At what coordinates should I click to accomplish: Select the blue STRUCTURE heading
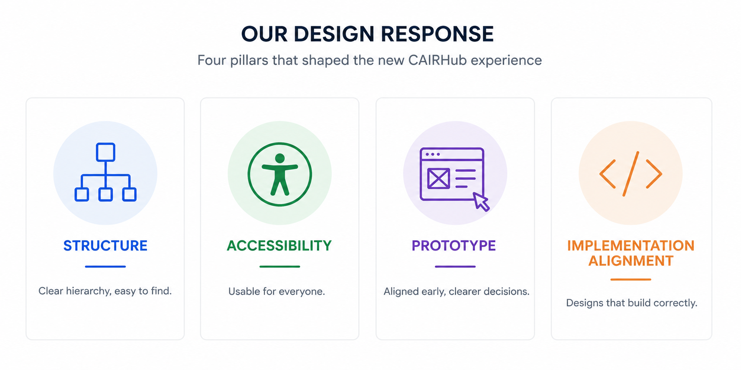[105, 246]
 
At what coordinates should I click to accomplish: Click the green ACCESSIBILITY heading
[279, 246]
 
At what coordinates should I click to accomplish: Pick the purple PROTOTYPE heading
[454, 246]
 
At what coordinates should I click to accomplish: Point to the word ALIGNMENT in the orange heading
[631, 261]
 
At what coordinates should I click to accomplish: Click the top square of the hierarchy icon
[106, 152]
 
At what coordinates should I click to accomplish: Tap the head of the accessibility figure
[280, 159]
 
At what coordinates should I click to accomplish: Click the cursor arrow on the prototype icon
[481, 201]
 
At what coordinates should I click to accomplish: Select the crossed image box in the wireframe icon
[439, 179]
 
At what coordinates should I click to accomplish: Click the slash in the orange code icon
[631, 174]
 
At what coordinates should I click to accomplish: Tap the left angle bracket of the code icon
[607, 174]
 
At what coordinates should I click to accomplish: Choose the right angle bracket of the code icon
[654, 174]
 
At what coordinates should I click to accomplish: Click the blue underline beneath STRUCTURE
[105, 267]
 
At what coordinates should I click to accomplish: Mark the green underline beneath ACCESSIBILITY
[280, 267]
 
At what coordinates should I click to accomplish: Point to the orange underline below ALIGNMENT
[631, 279]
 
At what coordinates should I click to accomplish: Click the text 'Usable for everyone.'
[277, 292]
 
